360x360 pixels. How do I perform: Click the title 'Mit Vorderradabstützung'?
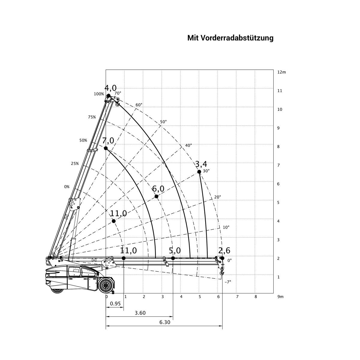(x=230, y=38)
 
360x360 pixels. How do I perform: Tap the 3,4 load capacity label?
(x=201, y=164)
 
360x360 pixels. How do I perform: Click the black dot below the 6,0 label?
(x=156, y=196)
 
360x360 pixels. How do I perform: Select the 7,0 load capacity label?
(x=108, y=140)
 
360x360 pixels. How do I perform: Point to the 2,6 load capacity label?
(x=224, y=250)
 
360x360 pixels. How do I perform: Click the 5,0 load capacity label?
(x=175, y=250)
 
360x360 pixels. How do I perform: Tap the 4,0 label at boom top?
(x=110, y=88)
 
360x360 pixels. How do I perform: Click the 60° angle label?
(x=139, y=105)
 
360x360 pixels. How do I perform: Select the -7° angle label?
(x=228, y=282)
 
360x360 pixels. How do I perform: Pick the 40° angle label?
(x=188, y=145)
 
